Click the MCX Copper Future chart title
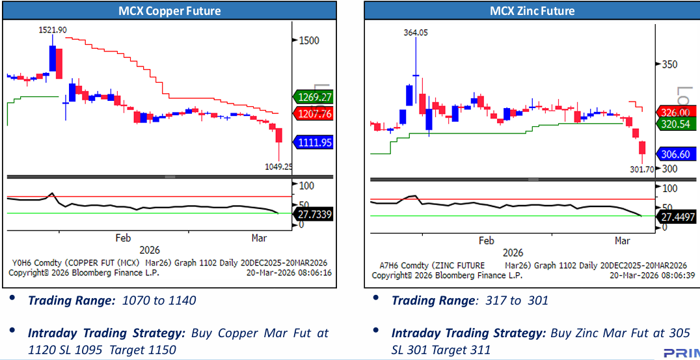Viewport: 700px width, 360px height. point(169,11)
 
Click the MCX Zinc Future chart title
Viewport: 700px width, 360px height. point(532,11)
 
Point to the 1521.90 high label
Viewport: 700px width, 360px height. point(53,30)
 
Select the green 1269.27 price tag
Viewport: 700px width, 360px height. point(314,97)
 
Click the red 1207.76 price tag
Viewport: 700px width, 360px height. point(314,114)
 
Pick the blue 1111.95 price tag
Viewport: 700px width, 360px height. point(314,142)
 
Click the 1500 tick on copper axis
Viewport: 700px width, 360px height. point(309,40)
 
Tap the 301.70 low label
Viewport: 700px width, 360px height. point(642,169)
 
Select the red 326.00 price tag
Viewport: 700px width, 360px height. point(676,112)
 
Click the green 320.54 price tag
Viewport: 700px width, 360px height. point(676,123)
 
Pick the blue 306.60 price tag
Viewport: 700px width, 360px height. point(676,154)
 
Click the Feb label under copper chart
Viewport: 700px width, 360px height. point(124,238)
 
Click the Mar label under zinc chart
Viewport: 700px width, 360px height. point(623,241)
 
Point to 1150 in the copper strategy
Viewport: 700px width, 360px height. point(163,350)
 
